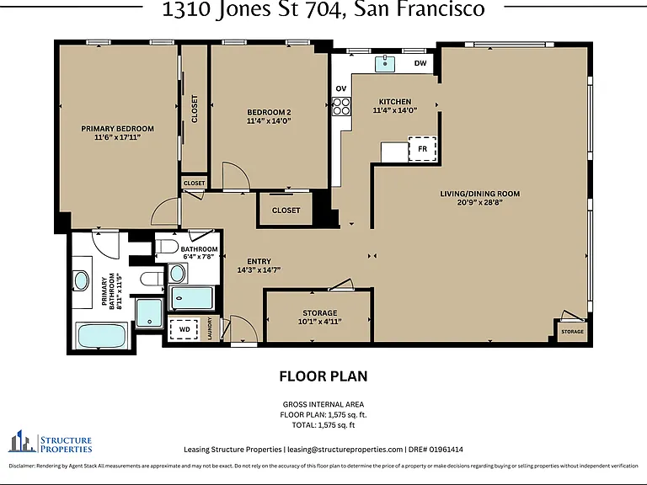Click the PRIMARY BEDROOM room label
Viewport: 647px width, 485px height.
click(x=117, y=129)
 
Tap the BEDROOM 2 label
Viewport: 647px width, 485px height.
click(x=269, y=112)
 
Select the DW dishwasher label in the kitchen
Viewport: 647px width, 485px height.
click(x=420, y=63)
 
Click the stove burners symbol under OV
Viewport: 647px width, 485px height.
click(x=342, y=106)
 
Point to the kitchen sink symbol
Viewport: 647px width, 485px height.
click(x=384, y=64)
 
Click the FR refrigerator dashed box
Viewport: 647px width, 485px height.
click(x=422, y=149)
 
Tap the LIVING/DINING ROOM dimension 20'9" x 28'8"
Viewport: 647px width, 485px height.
click(x=480, y=202)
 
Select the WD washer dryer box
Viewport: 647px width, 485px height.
click(x=184, y=329)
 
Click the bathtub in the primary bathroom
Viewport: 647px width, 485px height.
click(x=102, y=336)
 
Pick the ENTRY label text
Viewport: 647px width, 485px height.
click(x=259, y=262)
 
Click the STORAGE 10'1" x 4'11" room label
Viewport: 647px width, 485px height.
click(x=320, y=317)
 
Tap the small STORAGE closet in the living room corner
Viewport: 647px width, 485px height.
click(x=572, y=332)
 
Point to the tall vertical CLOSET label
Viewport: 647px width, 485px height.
click(x=195, y=109)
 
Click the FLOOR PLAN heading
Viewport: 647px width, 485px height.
click(x=323, y=376)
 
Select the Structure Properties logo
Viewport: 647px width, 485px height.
click(x=50, y=441)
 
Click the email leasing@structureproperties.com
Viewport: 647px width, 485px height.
click(x=345, y=450)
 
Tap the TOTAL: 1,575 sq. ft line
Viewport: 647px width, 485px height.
click(x=323, y=425)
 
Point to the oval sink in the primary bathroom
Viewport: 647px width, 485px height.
click(x=81, y=281)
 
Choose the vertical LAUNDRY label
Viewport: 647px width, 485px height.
click(x=210, y=328)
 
